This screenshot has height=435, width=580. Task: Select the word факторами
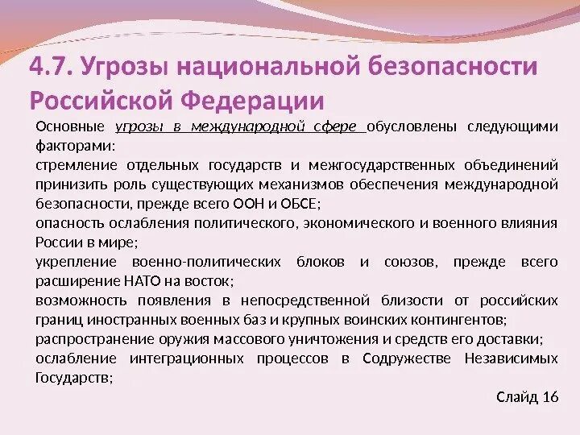tap(75, 146)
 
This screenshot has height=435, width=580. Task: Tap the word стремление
tap(76, 165)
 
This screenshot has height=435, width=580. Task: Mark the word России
tap(57, 242)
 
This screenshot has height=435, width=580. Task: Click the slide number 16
tap(550, 397)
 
